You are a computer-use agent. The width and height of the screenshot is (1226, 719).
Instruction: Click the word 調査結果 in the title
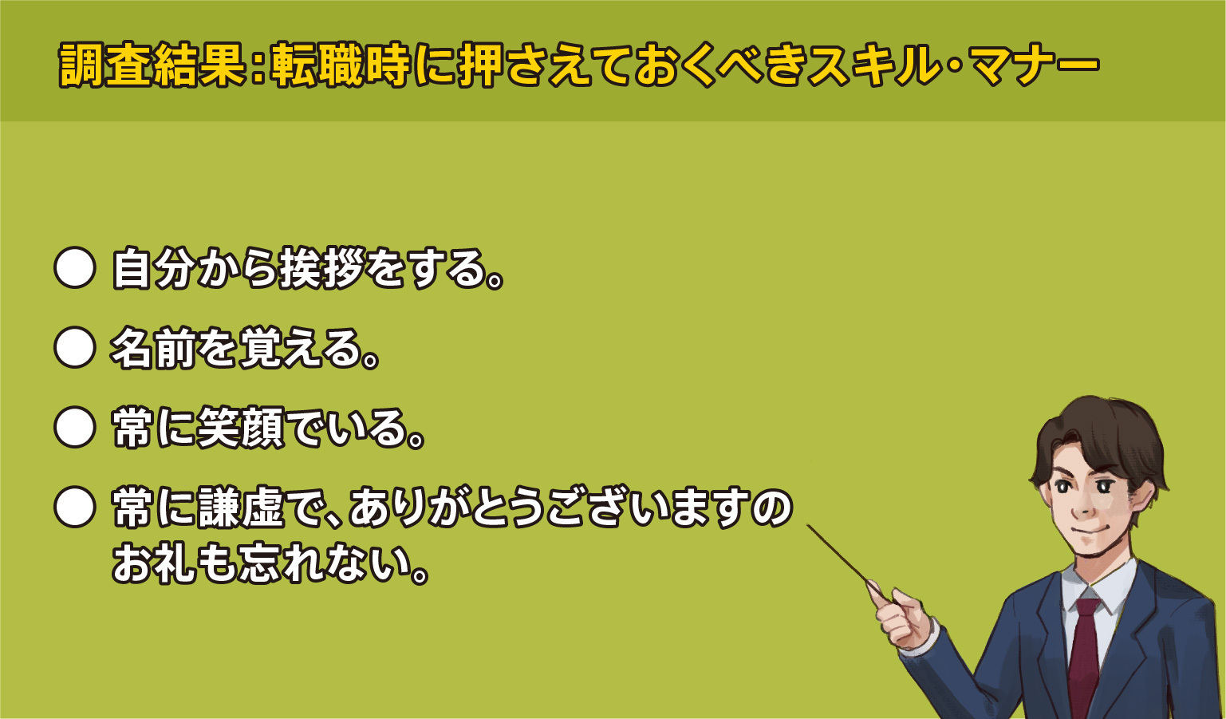[152, 65]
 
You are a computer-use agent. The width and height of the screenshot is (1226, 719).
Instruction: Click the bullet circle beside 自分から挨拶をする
[75, 268]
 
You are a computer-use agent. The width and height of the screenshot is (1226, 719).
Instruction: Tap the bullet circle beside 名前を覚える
[75, 347]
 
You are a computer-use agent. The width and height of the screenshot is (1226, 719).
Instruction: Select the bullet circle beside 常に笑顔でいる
[75, 427]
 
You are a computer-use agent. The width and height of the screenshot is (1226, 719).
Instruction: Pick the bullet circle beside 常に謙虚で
[75, 507]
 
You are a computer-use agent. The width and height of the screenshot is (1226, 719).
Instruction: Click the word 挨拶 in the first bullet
[321, 268]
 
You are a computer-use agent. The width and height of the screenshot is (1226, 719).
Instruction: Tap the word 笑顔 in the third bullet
[241, 428]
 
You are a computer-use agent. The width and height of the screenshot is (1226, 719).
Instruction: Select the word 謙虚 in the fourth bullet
[241, 508]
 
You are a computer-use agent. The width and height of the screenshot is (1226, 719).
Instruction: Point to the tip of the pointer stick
[808, 526]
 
